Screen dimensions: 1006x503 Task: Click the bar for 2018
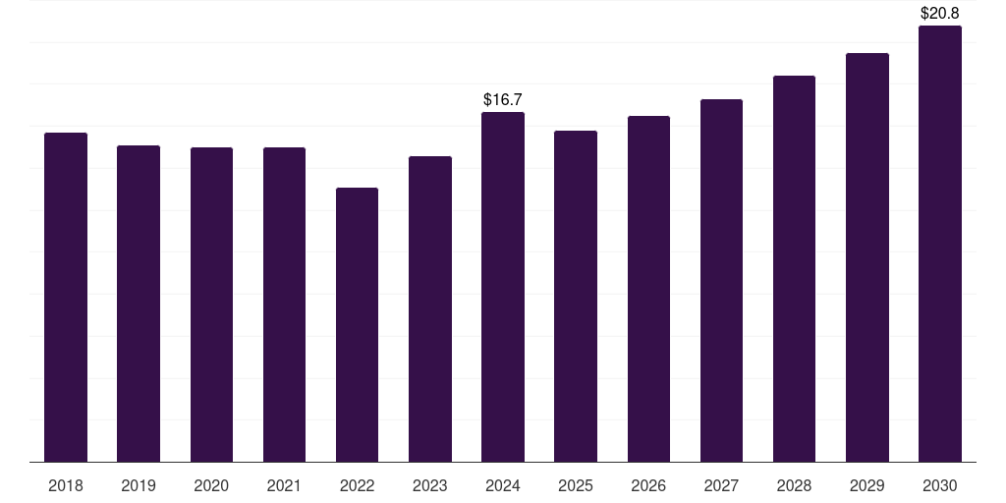[x=66, y=297]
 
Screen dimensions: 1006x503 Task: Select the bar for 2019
[x=139, y=304]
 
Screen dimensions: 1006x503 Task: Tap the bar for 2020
[x=212, y=305]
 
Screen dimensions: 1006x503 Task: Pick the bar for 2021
[x=284, y=305]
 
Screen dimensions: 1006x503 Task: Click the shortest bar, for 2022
[x=357, y=324]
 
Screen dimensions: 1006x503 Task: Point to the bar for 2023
[x=430, y=309]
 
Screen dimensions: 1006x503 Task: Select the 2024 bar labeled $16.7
[x=503, y=287]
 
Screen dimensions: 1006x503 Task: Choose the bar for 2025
[x=576, y=297]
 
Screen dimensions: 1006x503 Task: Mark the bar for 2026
[x=648, y=289]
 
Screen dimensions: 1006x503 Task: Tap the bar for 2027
[x=721, y=280]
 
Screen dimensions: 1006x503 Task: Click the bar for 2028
[x=794, y=269]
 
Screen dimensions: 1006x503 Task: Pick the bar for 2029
[x=867, y=257]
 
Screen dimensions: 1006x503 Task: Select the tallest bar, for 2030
[x=940, y=244]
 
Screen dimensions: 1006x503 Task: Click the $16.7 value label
[x=503, y=99]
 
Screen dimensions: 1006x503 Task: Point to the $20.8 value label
[x=940, y=13]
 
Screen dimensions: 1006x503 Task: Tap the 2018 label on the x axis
[x=66, y=485]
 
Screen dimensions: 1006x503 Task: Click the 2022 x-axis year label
[x=357, y=485]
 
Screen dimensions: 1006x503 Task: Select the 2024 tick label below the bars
[x=503, y=485]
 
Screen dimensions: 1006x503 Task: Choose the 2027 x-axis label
[x=721, y=485]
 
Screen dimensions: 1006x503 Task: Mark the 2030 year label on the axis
[x=940, y=485]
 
